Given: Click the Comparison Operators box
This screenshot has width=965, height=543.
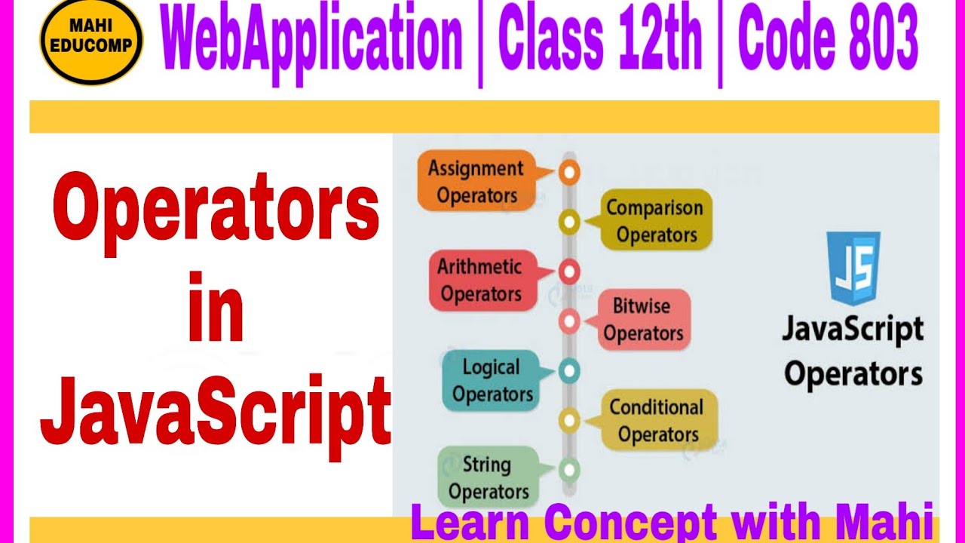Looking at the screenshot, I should point(654,220).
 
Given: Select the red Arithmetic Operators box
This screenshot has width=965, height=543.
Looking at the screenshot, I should point(481,280).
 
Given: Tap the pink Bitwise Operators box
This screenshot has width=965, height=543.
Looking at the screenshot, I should point(642,320).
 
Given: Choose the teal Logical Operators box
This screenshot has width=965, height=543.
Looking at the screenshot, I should point(492,380).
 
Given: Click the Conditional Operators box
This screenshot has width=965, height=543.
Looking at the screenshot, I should point(657,421).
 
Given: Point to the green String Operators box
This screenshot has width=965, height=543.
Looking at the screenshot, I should point(487,477).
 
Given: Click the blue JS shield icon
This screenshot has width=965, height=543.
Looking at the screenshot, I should point(854,268).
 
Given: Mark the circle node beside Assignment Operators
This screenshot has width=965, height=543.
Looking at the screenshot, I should point(569,173).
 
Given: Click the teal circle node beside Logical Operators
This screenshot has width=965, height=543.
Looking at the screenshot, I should point(569,370).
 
